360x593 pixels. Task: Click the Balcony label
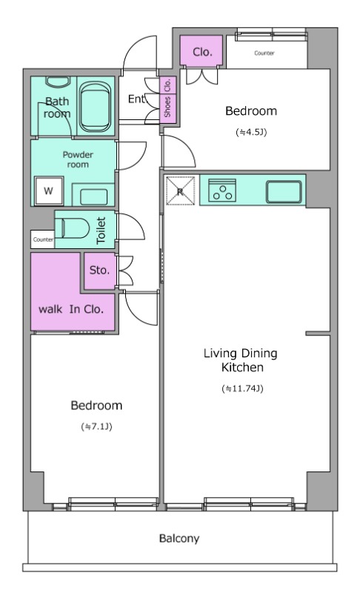pyautogui.click(x=179, y=538)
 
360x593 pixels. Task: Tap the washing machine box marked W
pyautogui.click(x=48, y=191)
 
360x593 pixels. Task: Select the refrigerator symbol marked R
pyautogui.click(x=180, y=191)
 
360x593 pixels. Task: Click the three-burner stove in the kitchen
pyautogui.click(x=222, y=191)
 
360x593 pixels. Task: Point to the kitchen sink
pyautogui.click(x=284, y=192)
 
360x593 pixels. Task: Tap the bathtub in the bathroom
pyautogui.click(x=96, y=106)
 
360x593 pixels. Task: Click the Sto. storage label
pyautogui.click(x=99, y=271)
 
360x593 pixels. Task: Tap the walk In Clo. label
pyautogui.click(x=71, y=309)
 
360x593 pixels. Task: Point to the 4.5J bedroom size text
pyautogui.click(x=252, y=133)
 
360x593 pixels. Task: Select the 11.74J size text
pyautogui.click(x=242, y=388)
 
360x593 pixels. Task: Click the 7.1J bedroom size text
pyautogui.click(x=97, y=427)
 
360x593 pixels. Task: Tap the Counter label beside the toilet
pyautogui.click(x=43, y=239)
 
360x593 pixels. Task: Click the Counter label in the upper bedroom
pyautogui.click(x=264, y=53)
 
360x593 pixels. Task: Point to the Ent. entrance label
pyautogui.click(x=136, y=99)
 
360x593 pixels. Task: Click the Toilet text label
pyautogui.click(x=101, y=231)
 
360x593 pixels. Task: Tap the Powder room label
pyautogui.click(x=78, y=159)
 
